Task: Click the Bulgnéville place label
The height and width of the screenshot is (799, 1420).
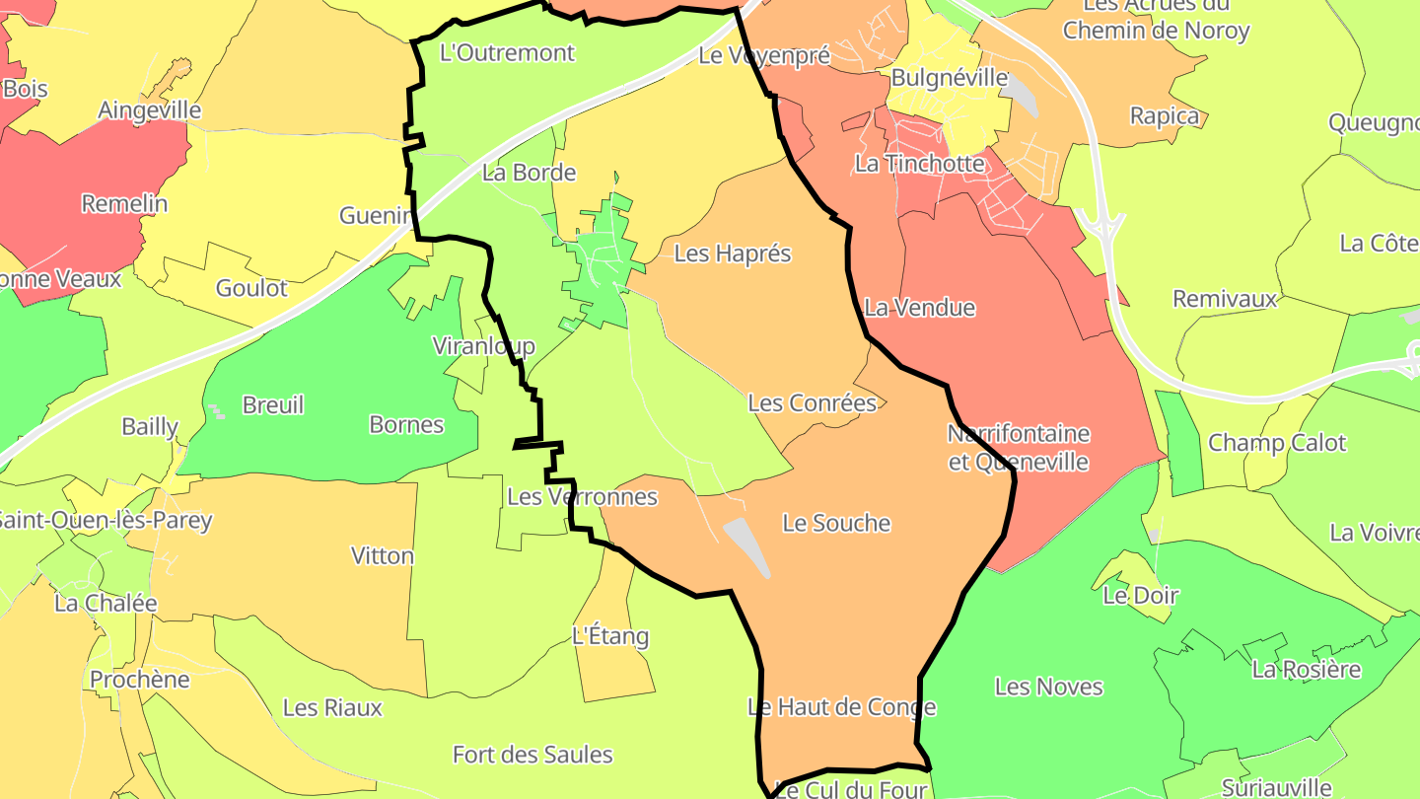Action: coord(950,78)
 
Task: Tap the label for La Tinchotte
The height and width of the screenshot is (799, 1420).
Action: coord(919,164)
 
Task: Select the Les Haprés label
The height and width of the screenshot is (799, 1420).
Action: coord(733,254)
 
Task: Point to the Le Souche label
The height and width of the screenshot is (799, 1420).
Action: coord(836,523)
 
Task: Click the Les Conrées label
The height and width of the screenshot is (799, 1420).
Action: coord(812,402)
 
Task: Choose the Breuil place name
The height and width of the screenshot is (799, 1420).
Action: coord(272,405)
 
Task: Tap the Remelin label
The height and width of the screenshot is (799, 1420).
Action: coord(124,204)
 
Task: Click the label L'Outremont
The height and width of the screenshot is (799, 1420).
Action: coord(506,52)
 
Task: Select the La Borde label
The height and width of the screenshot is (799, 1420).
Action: coord(529,173)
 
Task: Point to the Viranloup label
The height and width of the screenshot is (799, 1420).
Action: coord(483,346)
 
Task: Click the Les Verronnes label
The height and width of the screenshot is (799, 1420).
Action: coord(582,496)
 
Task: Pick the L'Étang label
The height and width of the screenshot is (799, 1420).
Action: coord(610,636)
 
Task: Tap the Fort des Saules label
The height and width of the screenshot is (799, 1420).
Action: coord(532,756)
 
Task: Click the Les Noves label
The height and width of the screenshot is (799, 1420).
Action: coord(1048,687)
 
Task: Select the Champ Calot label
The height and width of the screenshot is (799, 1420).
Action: coord(1277,443)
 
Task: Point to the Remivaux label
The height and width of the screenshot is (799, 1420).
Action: coord(1225,299)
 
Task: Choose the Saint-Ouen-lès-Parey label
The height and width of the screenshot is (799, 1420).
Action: coord(104,520)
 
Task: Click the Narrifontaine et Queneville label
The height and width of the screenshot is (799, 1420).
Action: coord(1019,448)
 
